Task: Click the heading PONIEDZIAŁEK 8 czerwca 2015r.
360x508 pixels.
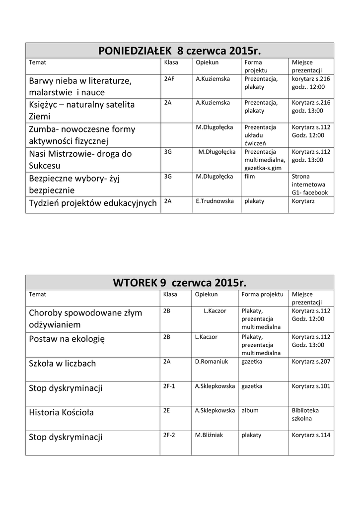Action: point(179,51)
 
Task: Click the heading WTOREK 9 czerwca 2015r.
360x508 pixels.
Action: point(179,283)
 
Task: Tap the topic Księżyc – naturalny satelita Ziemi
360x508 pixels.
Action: point(82,111)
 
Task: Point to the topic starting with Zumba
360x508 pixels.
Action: point(82,135)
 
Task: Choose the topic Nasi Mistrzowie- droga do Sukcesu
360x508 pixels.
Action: point(80,159)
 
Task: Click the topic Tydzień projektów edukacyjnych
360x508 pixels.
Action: point(93,202)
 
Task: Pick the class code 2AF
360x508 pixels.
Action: point(169,78)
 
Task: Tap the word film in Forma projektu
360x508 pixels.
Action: point(250,176)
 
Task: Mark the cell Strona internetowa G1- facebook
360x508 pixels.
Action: point(310,184)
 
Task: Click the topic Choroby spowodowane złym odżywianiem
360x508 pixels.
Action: point(85,318)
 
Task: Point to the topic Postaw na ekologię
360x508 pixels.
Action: point(67,339)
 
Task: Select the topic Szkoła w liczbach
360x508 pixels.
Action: point(63,364)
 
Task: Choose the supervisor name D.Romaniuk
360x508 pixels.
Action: point(212,362)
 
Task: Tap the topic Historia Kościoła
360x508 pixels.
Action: point(61,412)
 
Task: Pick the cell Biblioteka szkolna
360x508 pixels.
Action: point(305,414)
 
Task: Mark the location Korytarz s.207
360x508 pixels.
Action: point(311,362)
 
